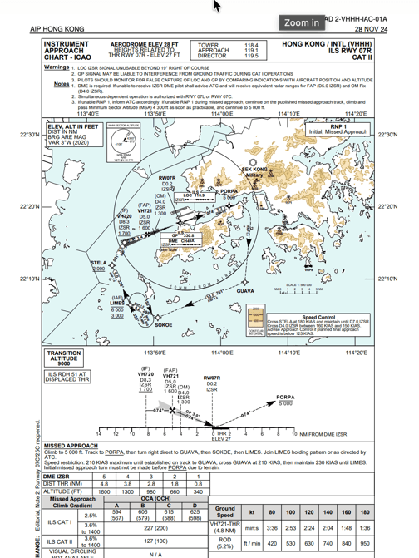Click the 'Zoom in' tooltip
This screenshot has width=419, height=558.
tap(301, 23)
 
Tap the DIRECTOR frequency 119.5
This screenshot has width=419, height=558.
tap(250, 56)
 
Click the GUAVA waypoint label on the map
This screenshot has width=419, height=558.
tap(245, 292)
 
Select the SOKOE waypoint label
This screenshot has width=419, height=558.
tap(164, 325)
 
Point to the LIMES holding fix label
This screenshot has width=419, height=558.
tap(117, 303)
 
